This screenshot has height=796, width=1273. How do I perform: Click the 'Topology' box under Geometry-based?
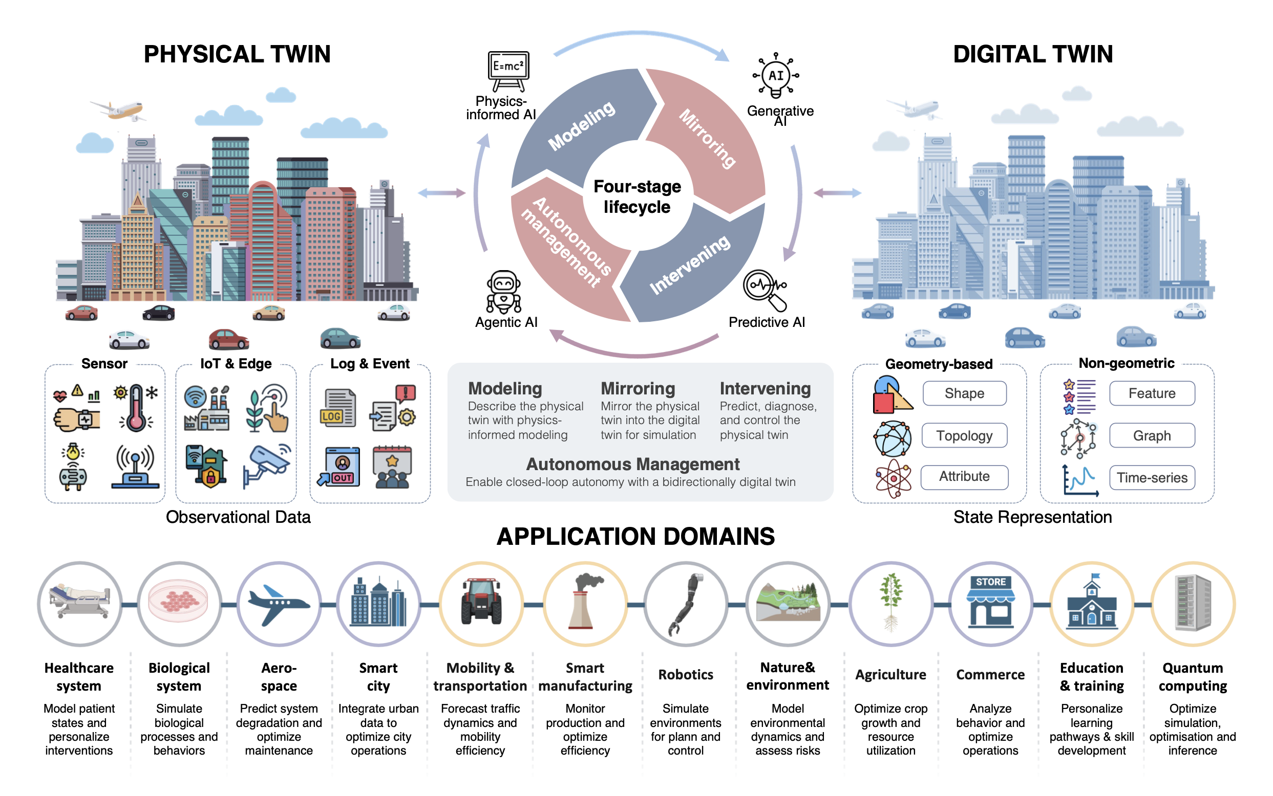click(964, 435)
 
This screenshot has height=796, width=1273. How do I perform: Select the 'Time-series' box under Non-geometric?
click(1152, 477)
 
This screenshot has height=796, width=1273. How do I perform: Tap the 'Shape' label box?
click(964, 393)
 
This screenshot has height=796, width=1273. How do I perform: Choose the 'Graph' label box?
click(1152, 435)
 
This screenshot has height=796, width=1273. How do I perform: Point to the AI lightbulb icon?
click(776, 75)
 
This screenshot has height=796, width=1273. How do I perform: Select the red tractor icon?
click(480, 601)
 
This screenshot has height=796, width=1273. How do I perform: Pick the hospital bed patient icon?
click(79, 601)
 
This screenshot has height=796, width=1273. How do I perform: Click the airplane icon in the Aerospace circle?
click(279, 604)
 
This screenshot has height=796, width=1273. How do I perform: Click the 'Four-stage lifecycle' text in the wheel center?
click(637, 196)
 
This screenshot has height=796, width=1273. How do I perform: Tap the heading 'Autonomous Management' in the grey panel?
click(633, 464)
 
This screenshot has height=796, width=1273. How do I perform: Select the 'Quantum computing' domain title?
click(1193, 676)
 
